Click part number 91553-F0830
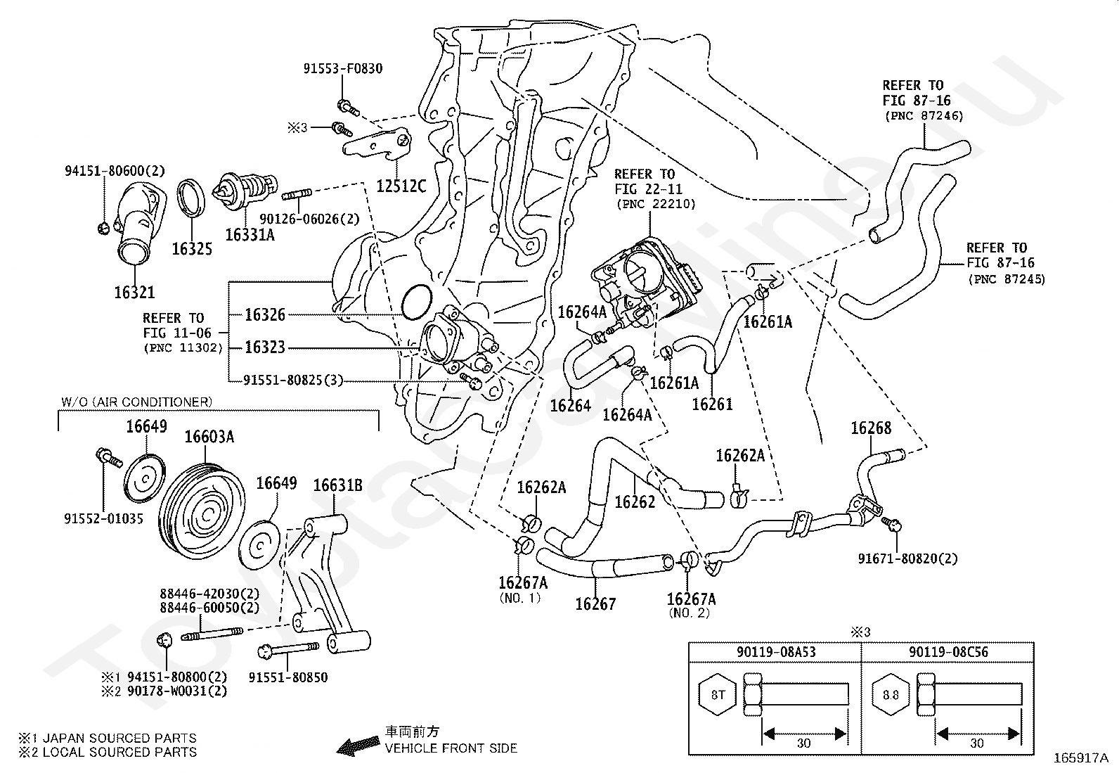[343, 69]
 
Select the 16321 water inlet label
[134, 292]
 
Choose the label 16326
[265, 315]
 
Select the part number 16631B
[338, 485]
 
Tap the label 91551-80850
[288, 677]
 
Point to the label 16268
[871, 428]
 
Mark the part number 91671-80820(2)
[907, 558]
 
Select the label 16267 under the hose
[595, 603]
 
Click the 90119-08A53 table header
[776, 652]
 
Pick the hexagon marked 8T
[718, 696]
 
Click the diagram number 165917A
[1080, 759]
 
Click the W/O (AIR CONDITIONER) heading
[136, 402]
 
